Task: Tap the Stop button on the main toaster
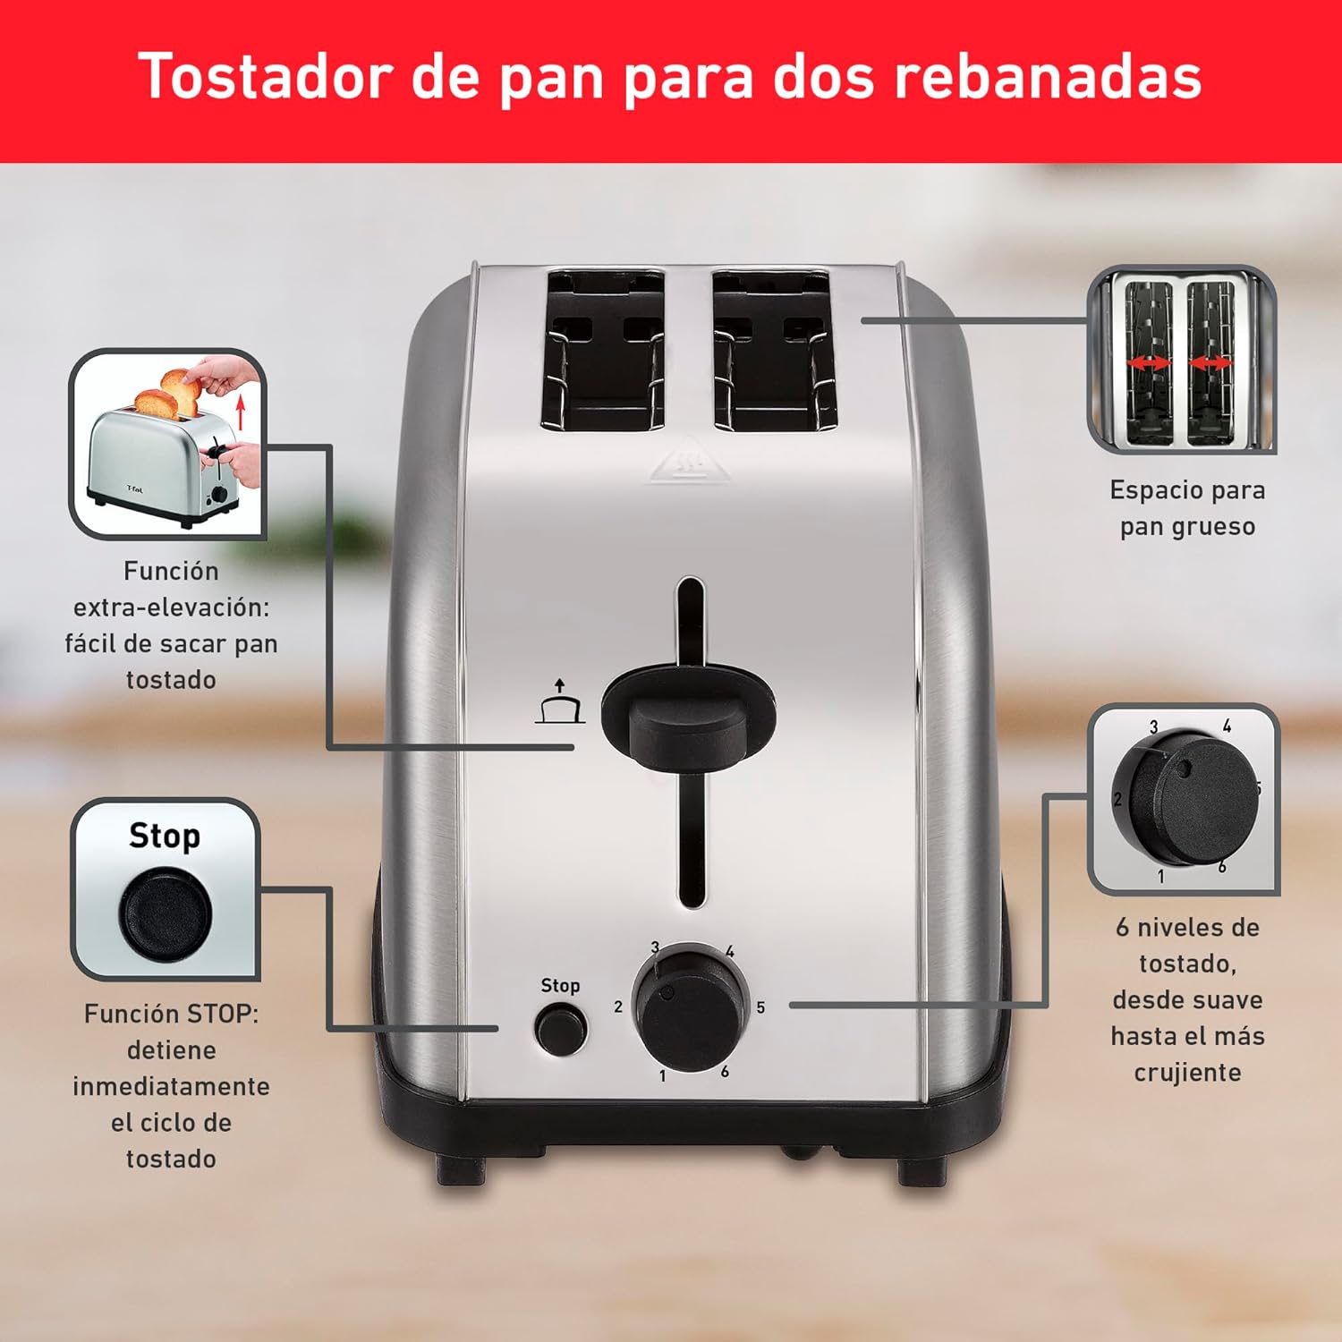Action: pyautogui.click(x=559, y=1030)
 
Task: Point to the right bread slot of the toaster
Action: pyautogui.click(x=774, y=351)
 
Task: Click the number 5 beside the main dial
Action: pyautogui.click(x=760, y=1007)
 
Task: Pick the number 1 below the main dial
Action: pyautogui.click(x=662, y=1076)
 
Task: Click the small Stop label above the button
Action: pyautogui.click(x=560, y=985)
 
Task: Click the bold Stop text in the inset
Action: pyautogui.click(x=165, y=836)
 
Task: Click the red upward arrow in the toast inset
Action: pyautogui.click(x=240, y=413)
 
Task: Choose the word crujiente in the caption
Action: pyautogui.click(x=1187, y=1072)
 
